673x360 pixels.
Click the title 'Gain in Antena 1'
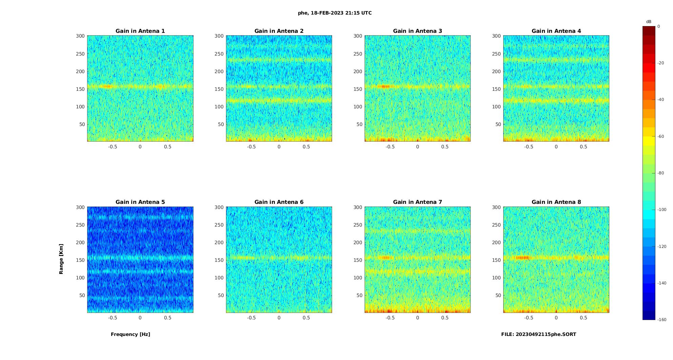tap(140, 31)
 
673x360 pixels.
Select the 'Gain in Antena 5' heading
tap(140, 202)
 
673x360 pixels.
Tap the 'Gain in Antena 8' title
tap(556, 202)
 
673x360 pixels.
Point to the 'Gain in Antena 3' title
tap(417, 31)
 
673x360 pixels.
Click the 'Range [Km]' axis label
tap(61, 259)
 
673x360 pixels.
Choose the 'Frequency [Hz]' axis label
tap(130, 334)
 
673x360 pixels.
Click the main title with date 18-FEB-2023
tap(335, 13)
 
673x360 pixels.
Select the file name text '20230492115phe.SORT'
tap(546, 334)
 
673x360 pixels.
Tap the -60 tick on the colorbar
tap(661, 136)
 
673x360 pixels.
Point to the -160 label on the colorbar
tap(662, 320)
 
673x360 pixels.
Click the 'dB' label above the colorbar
tap(649, 22)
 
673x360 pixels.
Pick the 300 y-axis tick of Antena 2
tap(219, 36)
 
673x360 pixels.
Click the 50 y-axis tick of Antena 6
tap(221, 295)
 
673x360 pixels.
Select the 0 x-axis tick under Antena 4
tap(556, 147)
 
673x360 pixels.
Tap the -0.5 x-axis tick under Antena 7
tap(390, 318)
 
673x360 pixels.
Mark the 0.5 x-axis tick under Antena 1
tap(167, 147)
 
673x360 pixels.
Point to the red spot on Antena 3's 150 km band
tap(384, 86)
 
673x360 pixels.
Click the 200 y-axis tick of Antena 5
tap(80, 242)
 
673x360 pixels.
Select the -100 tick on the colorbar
tap(662, 210)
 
